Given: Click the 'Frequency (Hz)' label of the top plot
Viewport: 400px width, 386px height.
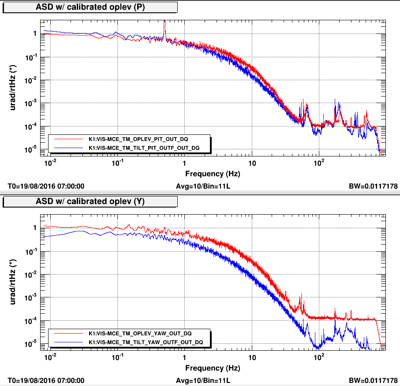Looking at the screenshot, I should [x=213, y=174].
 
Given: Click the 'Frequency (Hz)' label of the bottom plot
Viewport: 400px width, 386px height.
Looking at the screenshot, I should [x=213, y=368].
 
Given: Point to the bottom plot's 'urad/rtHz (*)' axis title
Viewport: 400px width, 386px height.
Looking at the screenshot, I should [x=15, y=282].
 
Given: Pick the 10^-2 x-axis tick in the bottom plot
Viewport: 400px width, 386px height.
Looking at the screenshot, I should [x=50, y=357].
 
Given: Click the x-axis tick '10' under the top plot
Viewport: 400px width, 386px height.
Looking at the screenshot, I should [x=252, y=163].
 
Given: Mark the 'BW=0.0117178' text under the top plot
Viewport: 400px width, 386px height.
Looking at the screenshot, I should [x=373, y=186].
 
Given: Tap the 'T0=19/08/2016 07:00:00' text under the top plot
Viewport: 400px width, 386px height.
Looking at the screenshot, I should [x=46, y=186].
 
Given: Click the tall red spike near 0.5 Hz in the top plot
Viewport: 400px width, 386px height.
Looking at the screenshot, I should [x=164, y=27].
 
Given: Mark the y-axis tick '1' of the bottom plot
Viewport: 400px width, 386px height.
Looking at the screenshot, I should [x=34, y=228].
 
